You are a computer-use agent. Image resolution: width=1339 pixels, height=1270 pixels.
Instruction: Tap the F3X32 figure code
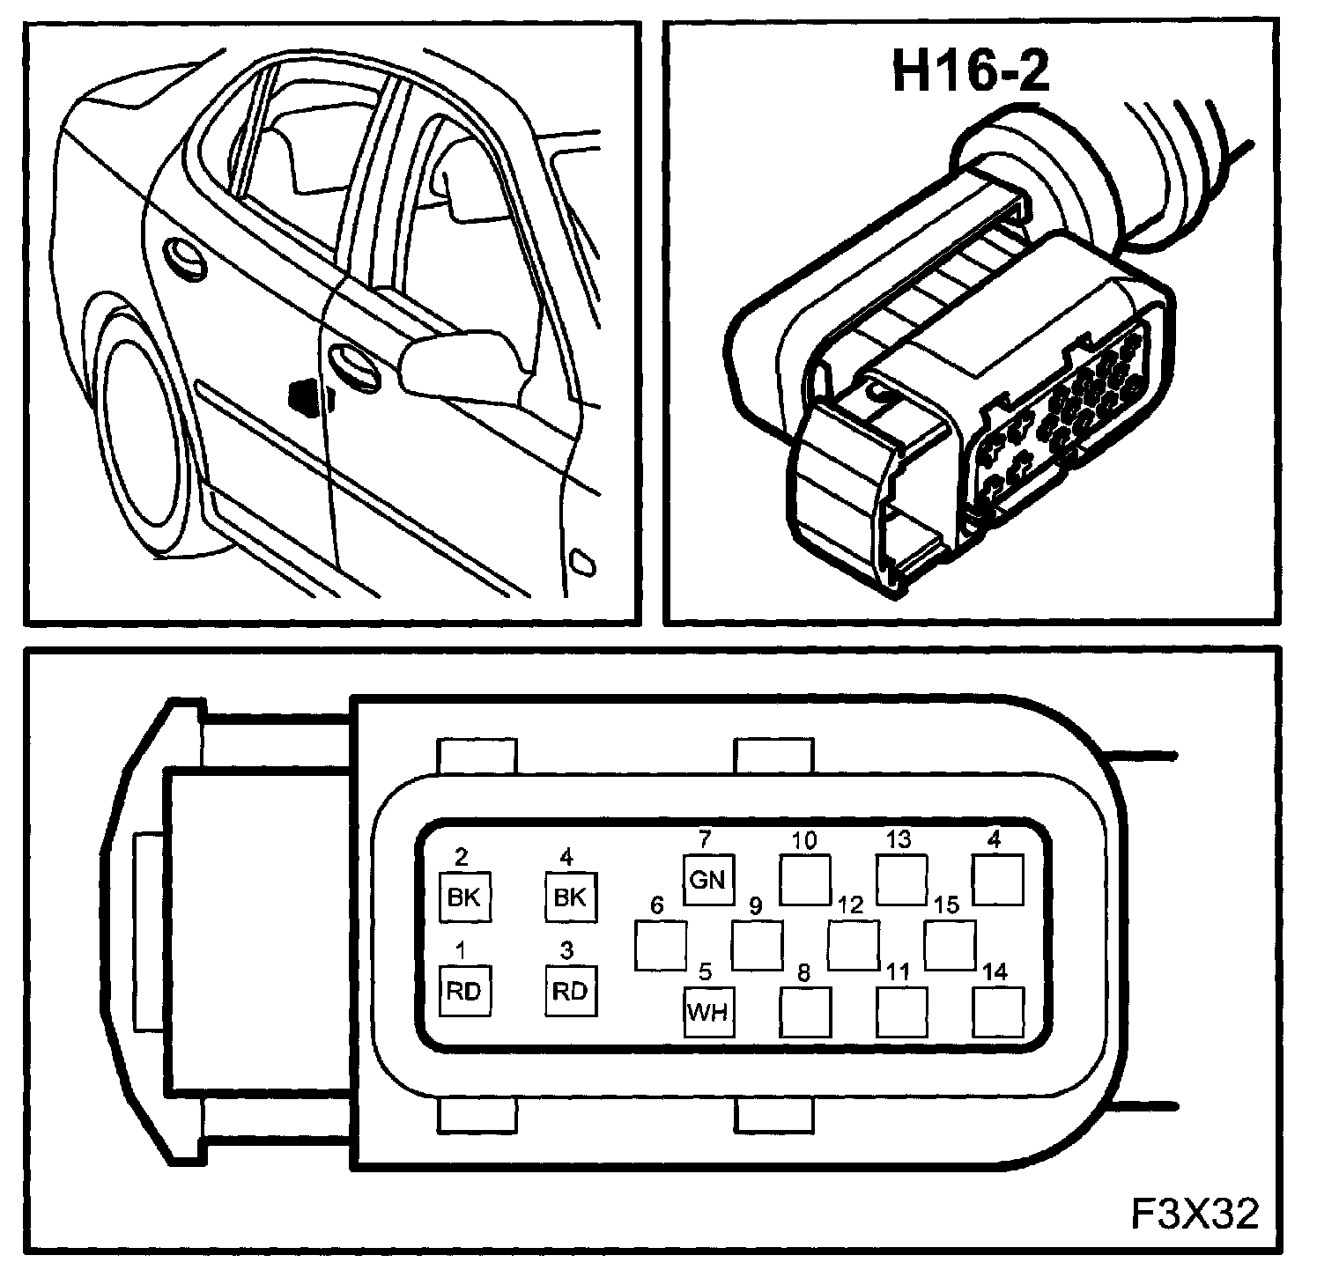[1195, 1214]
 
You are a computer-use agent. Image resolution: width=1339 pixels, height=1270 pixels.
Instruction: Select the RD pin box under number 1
[464, 991]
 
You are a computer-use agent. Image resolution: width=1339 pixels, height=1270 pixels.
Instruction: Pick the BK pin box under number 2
[464, 897]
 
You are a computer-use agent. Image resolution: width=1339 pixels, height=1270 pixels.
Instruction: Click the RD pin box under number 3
[569, 991]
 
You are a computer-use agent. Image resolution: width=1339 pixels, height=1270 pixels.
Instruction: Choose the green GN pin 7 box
[708, 879]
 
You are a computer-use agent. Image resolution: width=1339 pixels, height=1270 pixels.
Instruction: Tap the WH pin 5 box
[708, 1011]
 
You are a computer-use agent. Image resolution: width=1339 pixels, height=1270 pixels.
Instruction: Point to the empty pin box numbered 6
[661, 945]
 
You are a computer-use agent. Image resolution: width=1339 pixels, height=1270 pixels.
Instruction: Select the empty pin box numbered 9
[758, 945]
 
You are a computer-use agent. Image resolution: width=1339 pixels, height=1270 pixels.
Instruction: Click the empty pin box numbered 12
[853, 945]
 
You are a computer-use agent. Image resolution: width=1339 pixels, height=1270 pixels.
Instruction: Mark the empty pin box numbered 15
[950, 945]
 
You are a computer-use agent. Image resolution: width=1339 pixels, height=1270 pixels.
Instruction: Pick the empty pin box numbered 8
[805, 1011]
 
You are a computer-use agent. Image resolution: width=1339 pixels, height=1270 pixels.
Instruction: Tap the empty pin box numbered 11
[902, 1011]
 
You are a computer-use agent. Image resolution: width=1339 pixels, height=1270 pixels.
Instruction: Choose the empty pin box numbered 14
[999, 1011]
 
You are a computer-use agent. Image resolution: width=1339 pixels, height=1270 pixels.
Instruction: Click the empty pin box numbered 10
[805, 879]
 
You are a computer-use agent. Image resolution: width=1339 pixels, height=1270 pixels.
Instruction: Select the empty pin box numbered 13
[902, 879]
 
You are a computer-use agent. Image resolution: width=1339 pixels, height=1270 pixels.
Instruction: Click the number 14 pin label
[995, 971]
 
